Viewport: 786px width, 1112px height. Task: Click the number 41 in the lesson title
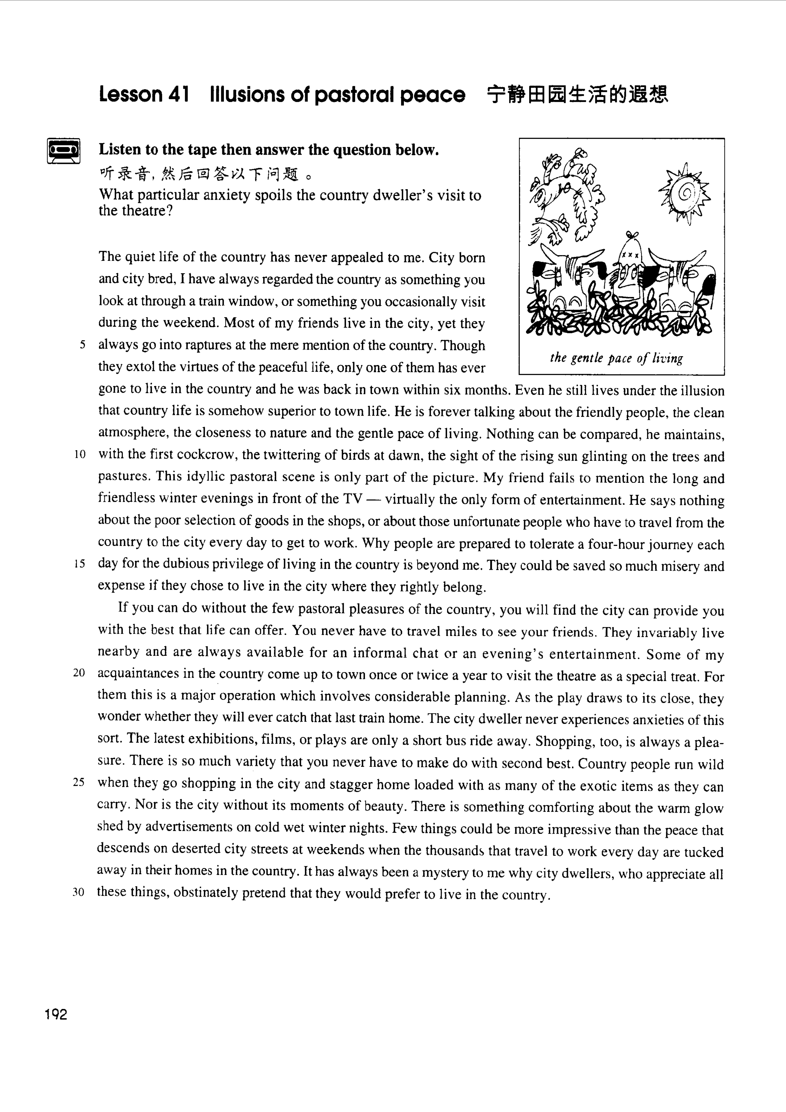point(178,94)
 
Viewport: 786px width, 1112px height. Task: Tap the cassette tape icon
point(63,151)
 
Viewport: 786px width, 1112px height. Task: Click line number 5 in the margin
point(83,345)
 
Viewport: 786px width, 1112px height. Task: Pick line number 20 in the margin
point(79,673)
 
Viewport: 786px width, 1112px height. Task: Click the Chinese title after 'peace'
point(577,94)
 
